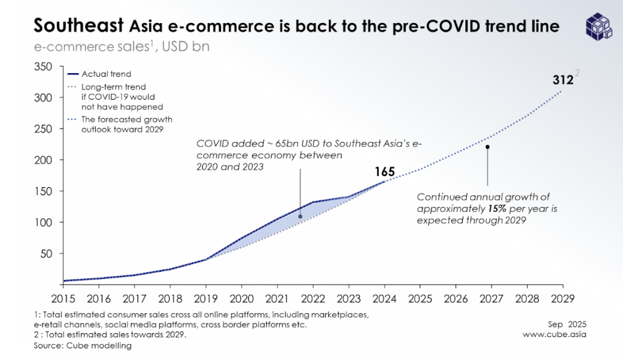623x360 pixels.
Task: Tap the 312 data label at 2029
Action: (562, 80)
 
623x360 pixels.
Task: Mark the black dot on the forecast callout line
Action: (487, 147)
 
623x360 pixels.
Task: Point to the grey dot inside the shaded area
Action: (300, 216)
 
